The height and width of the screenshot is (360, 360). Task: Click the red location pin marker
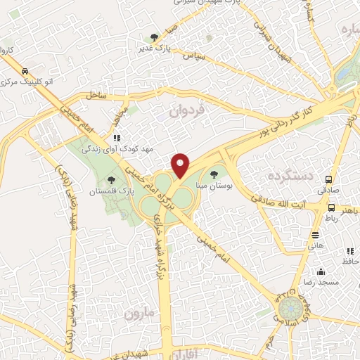(x=181, y=165)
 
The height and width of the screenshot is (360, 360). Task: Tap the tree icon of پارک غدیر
(x=155, y=37)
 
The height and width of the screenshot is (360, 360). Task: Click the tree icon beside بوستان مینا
(x=214, y=174)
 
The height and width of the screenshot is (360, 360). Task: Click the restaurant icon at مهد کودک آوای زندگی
(x=117, y=138)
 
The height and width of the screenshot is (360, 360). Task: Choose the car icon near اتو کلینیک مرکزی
(x=25, y=72)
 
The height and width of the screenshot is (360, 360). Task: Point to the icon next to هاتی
(x=315, y=235)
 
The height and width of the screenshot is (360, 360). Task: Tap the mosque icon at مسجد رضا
(x=321, y=272)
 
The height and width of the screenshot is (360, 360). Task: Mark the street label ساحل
(x=96, y=94)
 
